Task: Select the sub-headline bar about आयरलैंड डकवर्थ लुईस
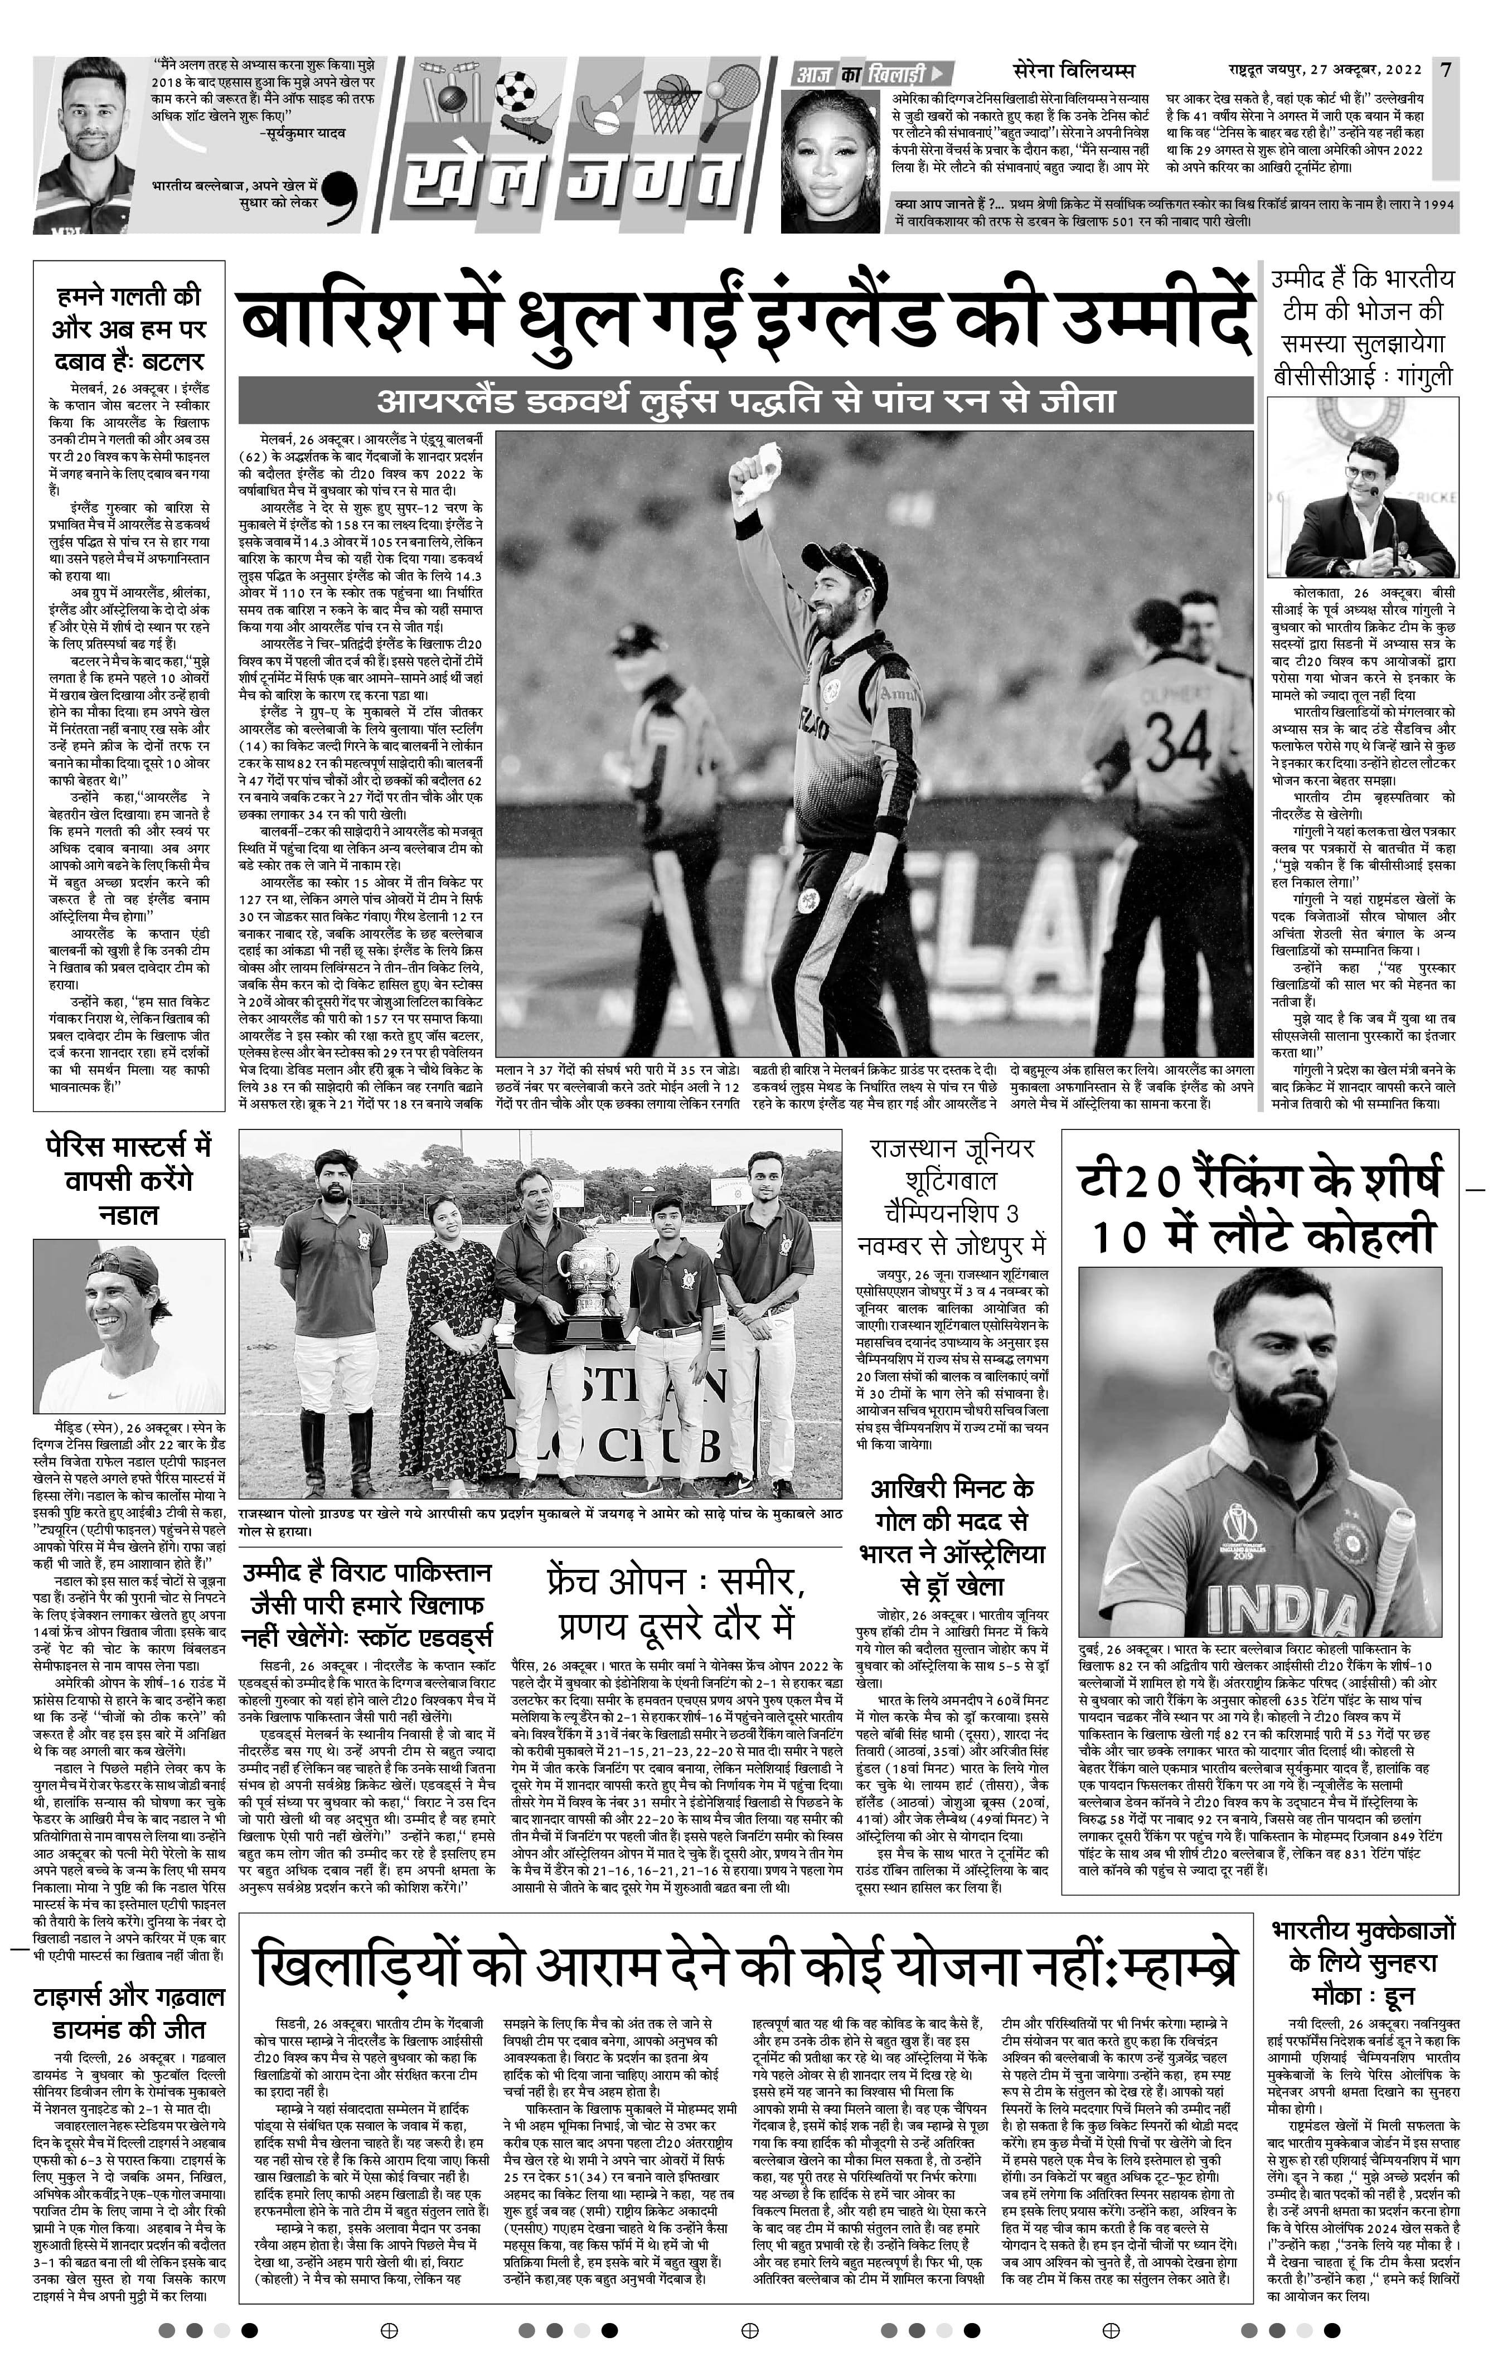[745, 402]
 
